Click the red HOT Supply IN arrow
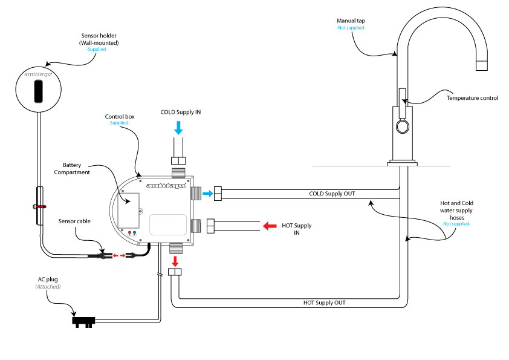pyautogui.click(x=270, y=226)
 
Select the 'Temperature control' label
pyautogui.click(x=472, y=98)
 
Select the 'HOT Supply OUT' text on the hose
pyautogui.click(x=328, y=302)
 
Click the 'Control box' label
pyautogui.click(x=118, y=115)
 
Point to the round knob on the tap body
pyautogui.click(x=402, y=126)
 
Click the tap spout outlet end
pyautogui.click(x=481, y=65)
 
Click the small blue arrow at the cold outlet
pyautogui.click(x=206, y=194)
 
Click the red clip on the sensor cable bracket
pyautogui.click(x=40, y=206)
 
